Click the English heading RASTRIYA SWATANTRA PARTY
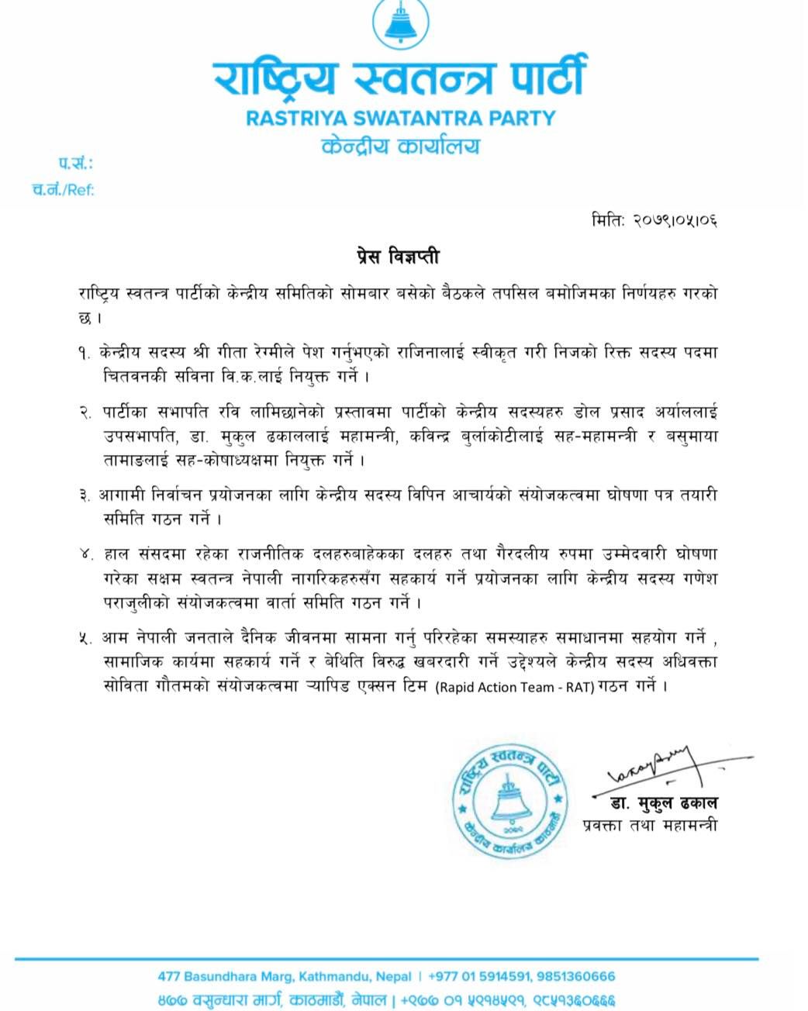pyautogui.click(x=400, y=119)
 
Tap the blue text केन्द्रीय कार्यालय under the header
pyautogui.click(x=400, y=147)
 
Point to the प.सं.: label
pyautogui.click(x=75, y=164)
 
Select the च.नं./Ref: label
pyautogui.click(x=64, y=189)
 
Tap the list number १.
pyautogui.click(x=85, y=353)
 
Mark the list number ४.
pyautogui.click(x=85, y=555)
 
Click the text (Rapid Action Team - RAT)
pyautogui.click(x=514, y=687)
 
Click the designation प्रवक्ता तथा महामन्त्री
pyautogui.click(x=650, y=825)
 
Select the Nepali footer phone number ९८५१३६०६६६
pyautogui.click(x=574, y=1000)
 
